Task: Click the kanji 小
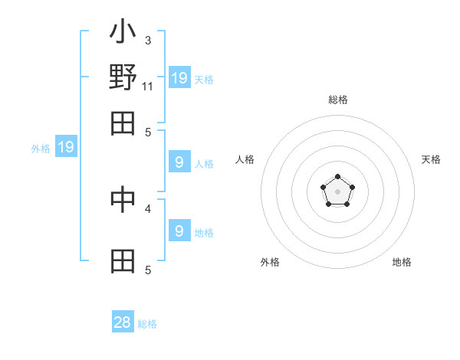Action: [123, 33]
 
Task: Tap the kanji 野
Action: [123, 77]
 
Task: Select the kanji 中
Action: [123, 201]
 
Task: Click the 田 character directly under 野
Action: [123, 123]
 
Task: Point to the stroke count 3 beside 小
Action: [148, 40]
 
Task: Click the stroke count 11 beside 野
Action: [148, 86]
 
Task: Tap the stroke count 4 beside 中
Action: [148, 208]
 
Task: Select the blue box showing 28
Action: [123, 322]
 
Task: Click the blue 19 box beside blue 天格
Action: [179, 77]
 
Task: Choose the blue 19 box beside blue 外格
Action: [66, 148]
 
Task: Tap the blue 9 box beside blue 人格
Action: [179, 162]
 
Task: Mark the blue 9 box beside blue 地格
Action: [179, 231]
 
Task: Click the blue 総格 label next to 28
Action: [148, 324]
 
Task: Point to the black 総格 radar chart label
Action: [338, 100]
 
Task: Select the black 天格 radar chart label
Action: [431, 159]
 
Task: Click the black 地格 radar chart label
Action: [402, 262]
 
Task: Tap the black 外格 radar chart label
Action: [270, 262]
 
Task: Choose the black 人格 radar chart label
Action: [245, 159]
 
